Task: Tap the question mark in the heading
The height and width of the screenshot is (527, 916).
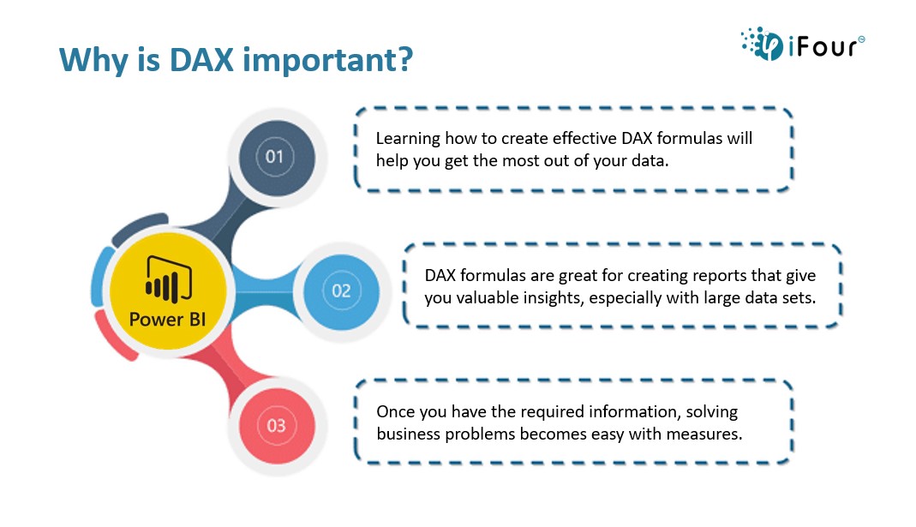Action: coord(404,60)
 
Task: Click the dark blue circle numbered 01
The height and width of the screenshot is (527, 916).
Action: coord(276,158)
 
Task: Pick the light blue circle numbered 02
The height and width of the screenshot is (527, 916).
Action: coord(342,291)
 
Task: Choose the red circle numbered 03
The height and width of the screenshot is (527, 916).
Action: coord(277,426)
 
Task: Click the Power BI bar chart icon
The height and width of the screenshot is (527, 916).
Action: coord(169,279)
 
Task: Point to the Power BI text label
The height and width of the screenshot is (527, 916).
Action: coord(168,320)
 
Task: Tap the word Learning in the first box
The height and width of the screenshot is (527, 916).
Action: coord(408,140)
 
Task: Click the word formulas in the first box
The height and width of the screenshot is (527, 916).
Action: coord(689,139)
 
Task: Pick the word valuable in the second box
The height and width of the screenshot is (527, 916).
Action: coord(487,298)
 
